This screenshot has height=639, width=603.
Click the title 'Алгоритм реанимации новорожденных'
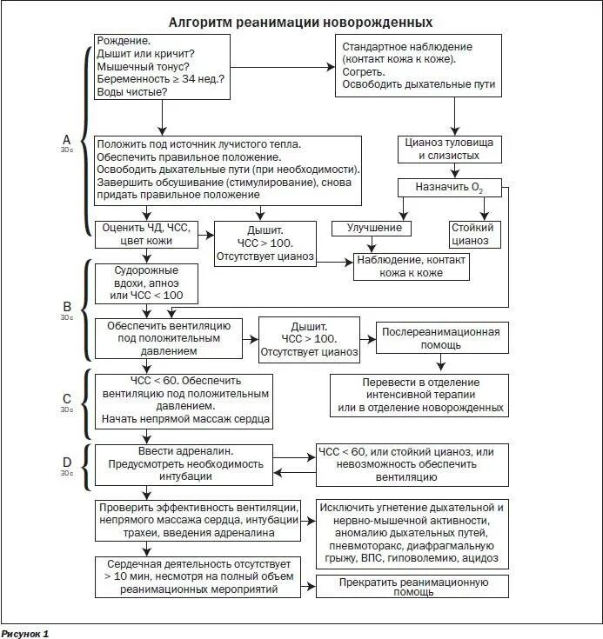click(300, 22)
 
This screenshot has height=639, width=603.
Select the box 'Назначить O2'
click(452, 187)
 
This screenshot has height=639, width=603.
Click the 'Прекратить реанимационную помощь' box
click(412, 587)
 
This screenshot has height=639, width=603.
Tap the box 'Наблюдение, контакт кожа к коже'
click(411, 266)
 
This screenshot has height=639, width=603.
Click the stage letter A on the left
click(66, 139)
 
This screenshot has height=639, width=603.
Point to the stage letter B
click(66, 306)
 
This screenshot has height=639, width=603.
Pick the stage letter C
click(66, 399)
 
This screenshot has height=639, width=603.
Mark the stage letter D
click(66, 463)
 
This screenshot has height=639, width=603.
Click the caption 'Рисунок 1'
click(24, 633)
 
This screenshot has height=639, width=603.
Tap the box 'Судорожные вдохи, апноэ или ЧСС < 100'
click(146, 283)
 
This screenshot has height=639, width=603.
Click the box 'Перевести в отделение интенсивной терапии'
click(419, 395)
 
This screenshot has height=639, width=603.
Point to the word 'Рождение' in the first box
click(124, 41)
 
